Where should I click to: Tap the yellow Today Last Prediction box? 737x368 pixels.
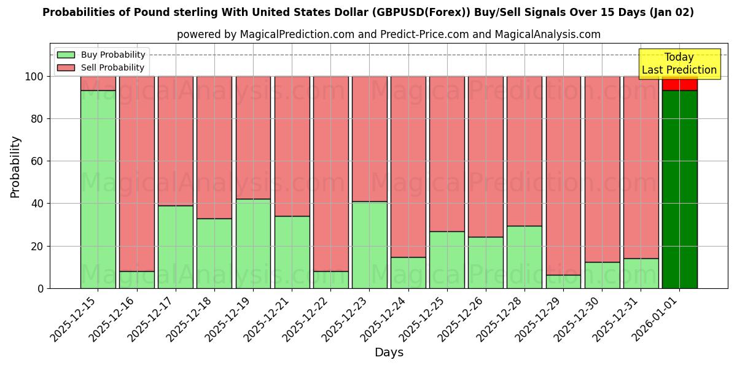coord(679,64)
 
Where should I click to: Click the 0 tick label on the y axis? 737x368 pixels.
coord(40,288)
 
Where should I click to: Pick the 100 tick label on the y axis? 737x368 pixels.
coord(34,77)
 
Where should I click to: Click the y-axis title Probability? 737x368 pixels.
coord(15,166)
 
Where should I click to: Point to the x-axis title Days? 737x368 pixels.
coord(389,353)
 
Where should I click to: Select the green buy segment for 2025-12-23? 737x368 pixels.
coord(369,245)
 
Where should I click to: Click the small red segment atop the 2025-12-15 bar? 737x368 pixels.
coord(98,83)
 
